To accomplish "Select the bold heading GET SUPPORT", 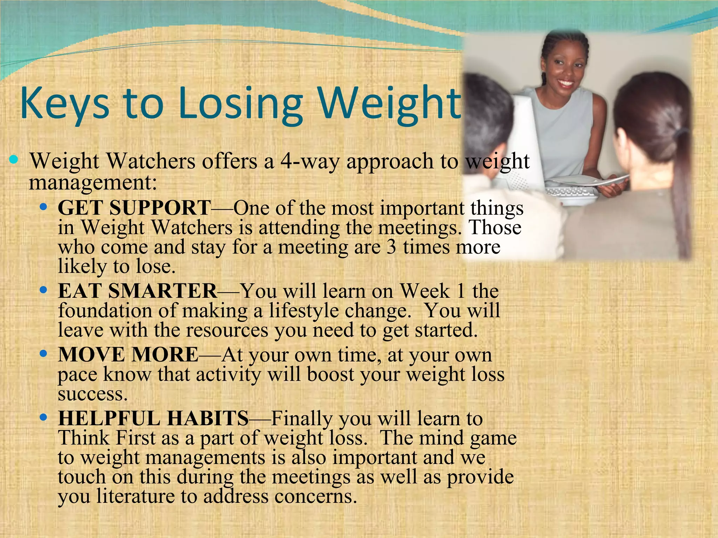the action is coord(134,208).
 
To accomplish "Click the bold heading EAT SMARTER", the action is coord(137,291).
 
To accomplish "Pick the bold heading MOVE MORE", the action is coord(128,354).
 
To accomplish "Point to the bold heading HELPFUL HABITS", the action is coord(154,418).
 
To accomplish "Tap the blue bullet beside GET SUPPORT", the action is coord(43,207).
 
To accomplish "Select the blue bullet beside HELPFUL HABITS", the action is coord(43,418).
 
